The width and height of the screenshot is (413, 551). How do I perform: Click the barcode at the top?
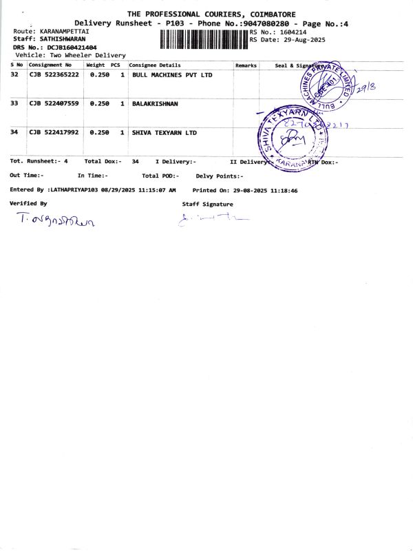pos(203,39)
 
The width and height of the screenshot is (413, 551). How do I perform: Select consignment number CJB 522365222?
pos(54,74)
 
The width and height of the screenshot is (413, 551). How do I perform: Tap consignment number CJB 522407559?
pos(54,103)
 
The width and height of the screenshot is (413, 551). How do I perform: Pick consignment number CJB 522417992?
pos(54,132)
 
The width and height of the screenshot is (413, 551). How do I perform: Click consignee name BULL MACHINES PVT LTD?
pos(172,74)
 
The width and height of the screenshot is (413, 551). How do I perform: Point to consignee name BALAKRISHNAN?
pos(155,103)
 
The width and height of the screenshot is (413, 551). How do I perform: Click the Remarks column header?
pos(246,65)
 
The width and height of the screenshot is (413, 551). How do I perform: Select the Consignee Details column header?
pos(155,65)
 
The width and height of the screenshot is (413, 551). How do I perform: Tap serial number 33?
pos(14,103)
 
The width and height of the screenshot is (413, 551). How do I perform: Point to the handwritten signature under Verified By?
pos(55,220)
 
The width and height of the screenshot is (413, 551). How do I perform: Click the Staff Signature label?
pos(207,204)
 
